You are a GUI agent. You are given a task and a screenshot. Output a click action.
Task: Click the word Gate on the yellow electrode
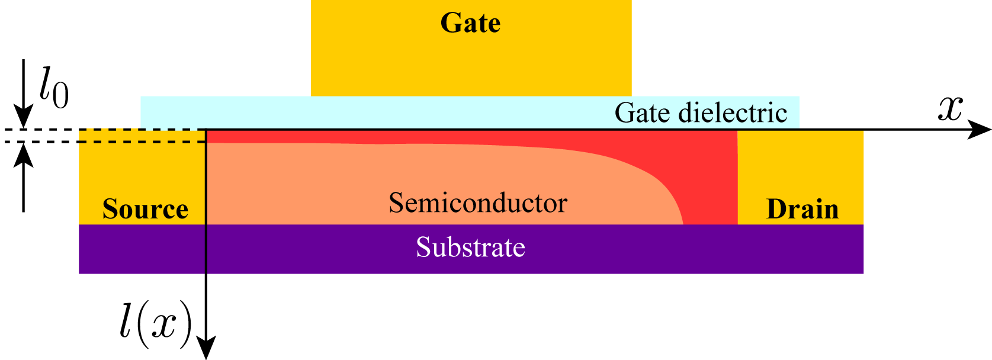point(470,24)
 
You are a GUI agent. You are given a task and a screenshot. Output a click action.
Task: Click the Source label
point(145,209)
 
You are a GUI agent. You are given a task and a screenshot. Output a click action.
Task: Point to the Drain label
point(802,209)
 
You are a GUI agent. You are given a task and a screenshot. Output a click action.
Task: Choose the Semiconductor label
point(477,203)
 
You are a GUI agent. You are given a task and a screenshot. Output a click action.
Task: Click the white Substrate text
point(470,247)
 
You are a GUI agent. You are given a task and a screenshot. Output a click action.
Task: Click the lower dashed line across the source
point(142,142)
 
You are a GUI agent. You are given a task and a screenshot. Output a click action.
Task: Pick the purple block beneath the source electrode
point(142,249)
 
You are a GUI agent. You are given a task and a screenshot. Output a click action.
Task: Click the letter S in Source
point(110,209)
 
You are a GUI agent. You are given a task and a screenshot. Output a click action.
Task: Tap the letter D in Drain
point(775,209)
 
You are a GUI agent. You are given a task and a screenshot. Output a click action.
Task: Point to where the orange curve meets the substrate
point(683,224)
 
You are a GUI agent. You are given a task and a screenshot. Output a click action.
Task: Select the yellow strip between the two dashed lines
point(142,136)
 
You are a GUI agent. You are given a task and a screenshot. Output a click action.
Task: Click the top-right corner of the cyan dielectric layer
point(798,97)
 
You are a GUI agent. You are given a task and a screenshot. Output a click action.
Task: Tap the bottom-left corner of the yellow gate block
point(312,95)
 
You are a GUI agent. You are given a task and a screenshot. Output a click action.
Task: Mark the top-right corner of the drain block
point(863,132)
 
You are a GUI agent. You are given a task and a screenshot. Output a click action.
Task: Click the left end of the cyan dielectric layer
point(142,112)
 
